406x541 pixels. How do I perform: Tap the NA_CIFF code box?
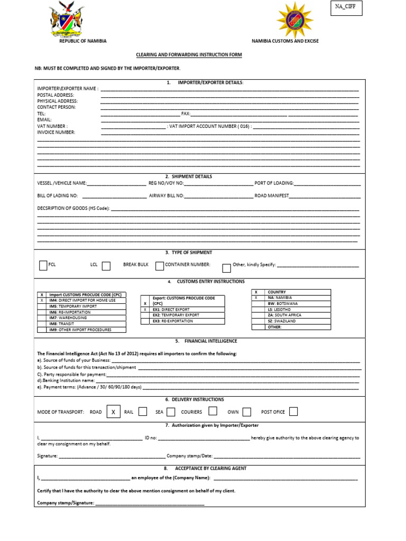pyautogui.click(x=346, y=8)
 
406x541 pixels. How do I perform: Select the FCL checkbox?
pyautogui.click(x=43, y=265)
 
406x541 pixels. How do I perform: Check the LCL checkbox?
pyautogui.click(x=106, y=266)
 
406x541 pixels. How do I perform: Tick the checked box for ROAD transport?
pyautogui.click(x=113, y=412)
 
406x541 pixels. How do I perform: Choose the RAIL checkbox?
pyautogui.click(x=142, y=412)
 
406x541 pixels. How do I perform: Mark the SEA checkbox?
pyautogui.click(x=171, y=412)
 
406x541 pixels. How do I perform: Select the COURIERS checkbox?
pyautogui.click(x=213, y=411)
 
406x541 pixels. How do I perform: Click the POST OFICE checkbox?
pyautogui.click(x=293, y=412)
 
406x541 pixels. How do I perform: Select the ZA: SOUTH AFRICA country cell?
pyautogui.click(x=298, y=315)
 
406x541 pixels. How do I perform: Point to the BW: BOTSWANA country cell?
pyautogui.click(x=298, y=303)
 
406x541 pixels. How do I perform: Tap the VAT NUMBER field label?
pyautogui.click(x=52, y=126)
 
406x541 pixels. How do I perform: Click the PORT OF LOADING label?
pyautogui.click(x=274, y=183)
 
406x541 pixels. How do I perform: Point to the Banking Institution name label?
pyautogui.click(x=66, y=380)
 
